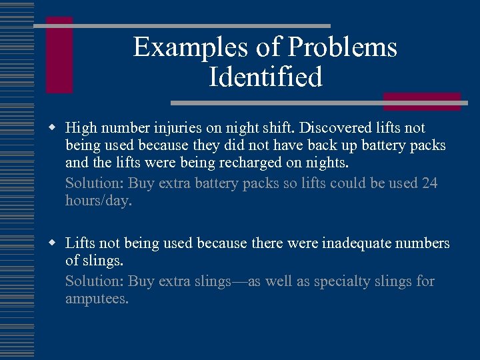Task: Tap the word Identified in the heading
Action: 265,77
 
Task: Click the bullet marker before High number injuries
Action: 51,127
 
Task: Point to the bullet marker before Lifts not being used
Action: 51,244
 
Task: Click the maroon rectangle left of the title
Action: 59,55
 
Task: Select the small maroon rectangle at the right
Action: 421,101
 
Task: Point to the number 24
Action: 429,183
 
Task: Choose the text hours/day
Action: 99,201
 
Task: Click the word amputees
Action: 97,299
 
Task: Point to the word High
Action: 81,127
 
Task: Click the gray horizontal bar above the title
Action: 181,26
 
